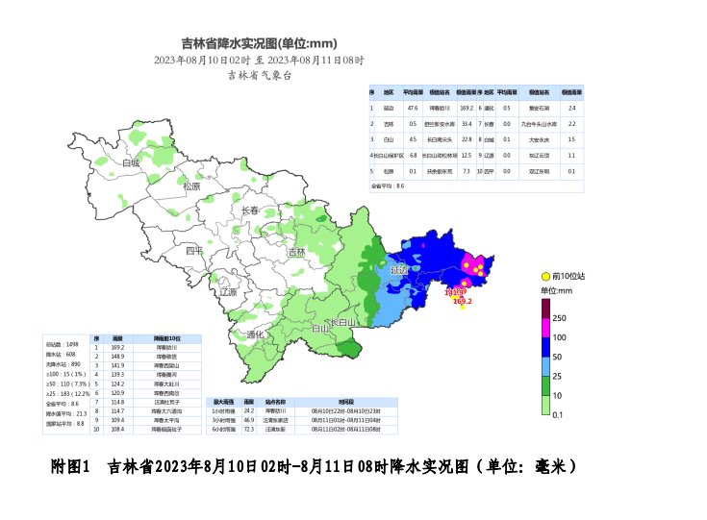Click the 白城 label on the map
click(x=132, y=163)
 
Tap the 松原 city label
click(x=191, y=186)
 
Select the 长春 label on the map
click(x=249, y=210)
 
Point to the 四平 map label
click(x=195, y=251)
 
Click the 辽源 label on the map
click(x=228, y=291)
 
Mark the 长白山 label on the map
click(x=342, y=322)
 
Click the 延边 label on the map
click(x=399, y=271)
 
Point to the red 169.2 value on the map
click(x=463, y=301)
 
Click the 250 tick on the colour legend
click(x=560, y=318)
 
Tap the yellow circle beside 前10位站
click(x=545, y=277)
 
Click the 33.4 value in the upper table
click(x=467, y=123)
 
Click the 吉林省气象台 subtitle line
click(x=259, y=74)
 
